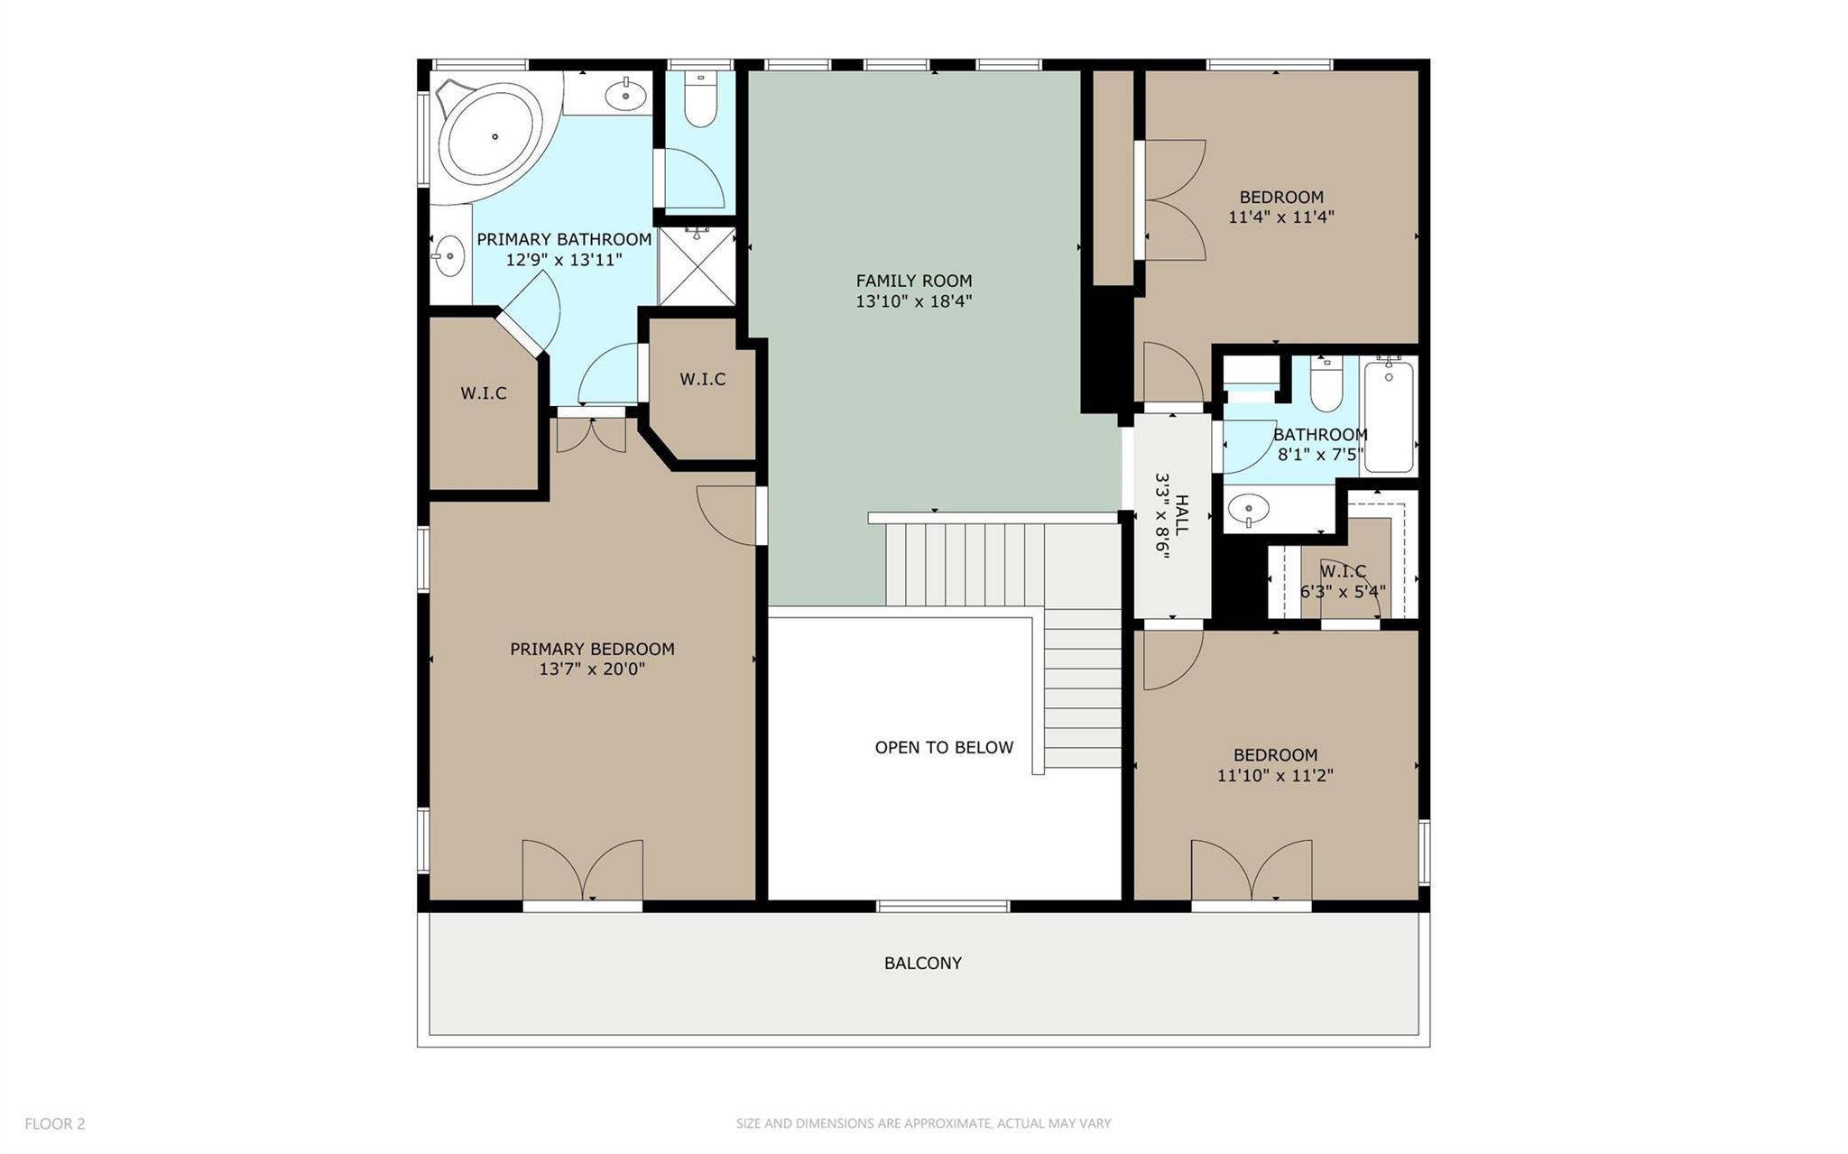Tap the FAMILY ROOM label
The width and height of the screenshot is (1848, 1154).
913,281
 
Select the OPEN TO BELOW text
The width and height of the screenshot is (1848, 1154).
944,747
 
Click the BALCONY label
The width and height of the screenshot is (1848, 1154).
922,963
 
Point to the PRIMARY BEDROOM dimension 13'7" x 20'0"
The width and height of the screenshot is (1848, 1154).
591,669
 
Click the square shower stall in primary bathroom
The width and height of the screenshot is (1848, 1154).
696,266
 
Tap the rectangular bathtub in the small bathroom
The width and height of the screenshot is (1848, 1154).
1388,415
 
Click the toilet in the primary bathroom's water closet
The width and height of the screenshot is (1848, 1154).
699,100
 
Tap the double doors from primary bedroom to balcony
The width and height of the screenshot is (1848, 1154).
583,872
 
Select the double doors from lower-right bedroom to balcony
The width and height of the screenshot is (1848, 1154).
1251,872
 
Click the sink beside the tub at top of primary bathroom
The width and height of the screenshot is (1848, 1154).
624,93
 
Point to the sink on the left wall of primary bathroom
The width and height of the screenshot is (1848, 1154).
448,255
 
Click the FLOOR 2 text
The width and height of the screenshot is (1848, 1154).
54,1123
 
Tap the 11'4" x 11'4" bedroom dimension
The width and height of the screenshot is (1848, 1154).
1280,217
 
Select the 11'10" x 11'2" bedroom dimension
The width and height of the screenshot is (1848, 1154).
1274,775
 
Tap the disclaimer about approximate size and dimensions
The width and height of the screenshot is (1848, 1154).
922,1123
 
